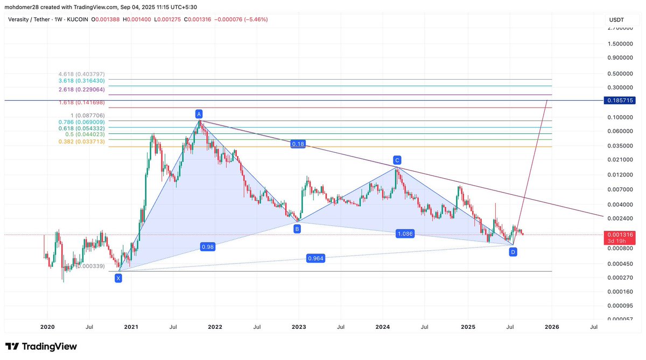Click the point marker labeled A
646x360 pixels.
199,114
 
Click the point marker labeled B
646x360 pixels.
297,229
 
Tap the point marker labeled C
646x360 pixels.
397,160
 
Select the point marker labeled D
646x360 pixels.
513,252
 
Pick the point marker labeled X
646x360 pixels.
118,278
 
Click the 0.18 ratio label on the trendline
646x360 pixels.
298,144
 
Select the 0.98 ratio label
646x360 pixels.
207,246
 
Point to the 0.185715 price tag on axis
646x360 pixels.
621,101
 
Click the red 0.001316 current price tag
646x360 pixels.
621,235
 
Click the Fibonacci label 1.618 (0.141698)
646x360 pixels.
81,102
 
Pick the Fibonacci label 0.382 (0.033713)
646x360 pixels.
81,141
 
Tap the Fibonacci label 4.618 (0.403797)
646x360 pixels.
81,74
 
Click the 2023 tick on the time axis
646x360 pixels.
299,327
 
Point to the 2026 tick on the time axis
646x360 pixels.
551,327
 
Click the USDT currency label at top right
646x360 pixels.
616,20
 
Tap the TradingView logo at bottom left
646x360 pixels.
41,347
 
